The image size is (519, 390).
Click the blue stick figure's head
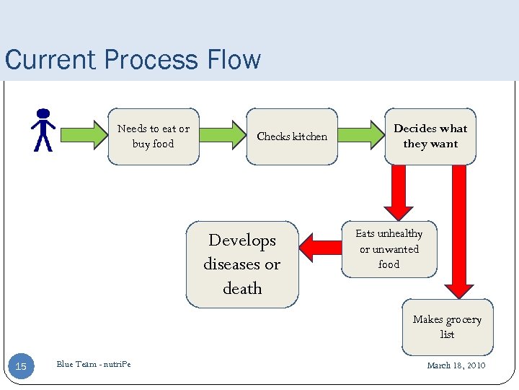click(x=43, y=113)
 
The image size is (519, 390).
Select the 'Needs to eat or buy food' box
click(x=153, y=136)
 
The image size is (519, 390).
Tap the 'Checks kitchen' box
click(x=292, y=136)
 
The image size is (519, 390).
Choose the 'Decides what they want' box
click(x=430, y=136)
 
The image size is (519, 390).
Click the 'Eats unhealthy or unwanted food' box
click(x=389, y=249)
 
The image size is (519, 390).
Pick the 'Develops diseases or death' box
click(x=242, y=264)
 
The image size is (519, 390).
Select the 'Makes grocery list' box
click(x=447, y=326)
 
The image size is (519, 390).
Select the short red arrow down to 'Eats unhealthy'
click(x=399, y=191)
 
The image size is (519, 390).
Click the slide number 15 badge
click(x=21, y=367)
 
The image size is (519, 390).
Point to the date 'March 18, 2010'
click(x=456, y=365)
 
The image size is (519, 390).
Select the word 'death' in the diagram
click(x=242, y=289)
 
